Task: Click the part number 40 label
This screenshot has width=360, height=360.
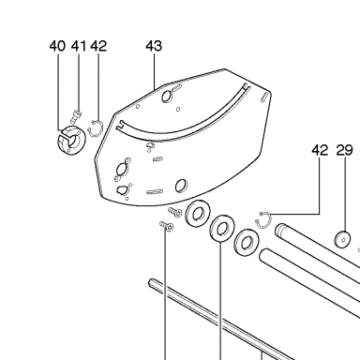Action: (x=57, y=46)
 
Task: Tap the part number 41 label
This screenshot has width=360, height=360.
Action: (x=79, y=46)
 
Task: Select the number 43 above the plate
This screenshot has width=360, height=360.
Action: (x=154, y=46)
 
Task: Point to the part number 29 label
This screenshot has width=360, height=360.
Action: (x=345, y=150)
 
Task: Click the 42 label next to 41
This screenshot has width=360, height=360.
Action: (x=98, y=46)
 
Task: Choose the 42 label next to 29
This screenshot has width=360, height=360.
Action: (x=320, y=150)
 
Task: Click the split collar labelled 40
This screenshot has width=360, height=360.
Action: (x=71, y=141)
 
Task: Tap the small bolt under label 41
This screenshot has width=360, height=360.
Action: (x=75, y=116)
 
